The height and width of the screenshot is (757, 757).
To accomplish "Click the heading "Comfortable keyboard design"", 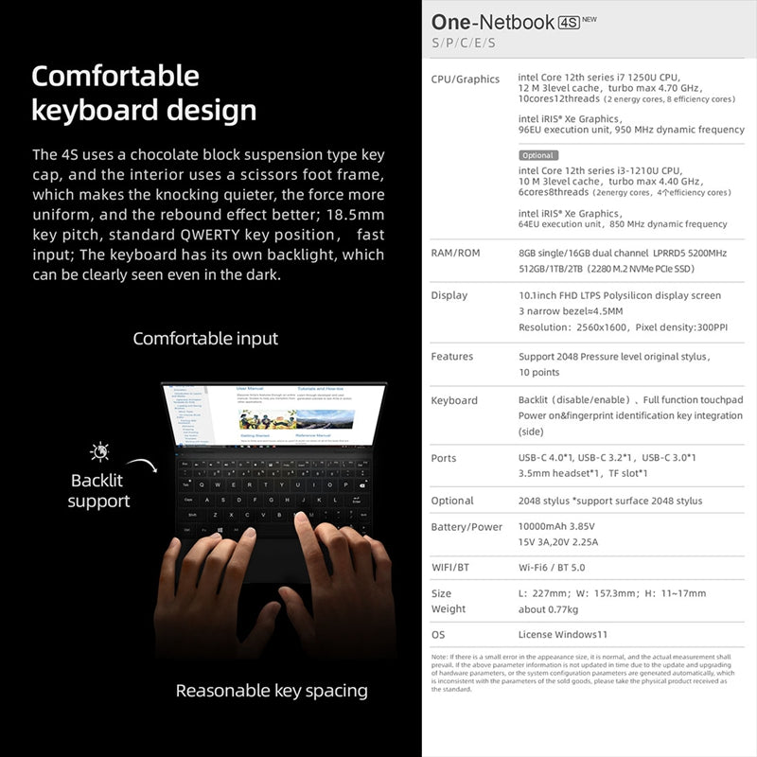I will (x=144, y=93).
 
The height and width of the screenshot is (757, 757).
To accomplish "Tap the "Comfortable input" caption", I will (x=205, y=338).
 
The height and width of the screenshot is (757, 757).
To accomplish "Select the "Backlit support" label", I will (x=97, y=490).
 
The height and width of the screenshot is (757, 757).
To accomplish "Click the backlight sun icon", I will (x=99, y=451).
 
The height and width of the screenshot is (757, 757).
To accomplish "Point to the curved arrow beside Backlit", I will (x=141, y=466).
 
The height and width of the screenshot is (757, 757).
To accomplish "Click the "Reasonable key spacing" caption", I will (x=272, y=691).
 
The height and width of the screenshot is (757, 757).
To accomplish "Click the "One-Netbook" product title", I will (x=492, y=22).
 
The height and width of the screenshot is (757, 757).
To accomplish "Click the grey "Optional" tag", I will (x=538, y=155).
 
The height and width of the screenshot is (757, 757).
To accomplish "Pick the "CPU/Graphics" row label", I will (x=465, y=79).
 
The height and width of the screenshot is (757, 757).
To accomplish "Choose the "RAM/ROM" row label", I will (x=456, y=254).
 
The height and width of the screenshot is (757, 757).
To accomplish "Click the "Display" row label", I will (x=449, y=295).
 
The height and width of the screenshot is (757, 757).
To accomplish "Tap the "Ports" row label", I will (x=444, y=458).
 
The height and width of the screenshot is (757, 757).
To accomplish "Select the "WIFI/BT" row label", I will (x=450, y=568).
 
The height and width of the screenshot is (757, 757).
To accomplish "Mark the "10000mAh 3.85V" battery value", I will (x=563, y=526).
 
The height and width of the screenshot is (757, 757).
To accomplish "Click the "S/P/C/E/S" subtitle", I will (x=464, y=44).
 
